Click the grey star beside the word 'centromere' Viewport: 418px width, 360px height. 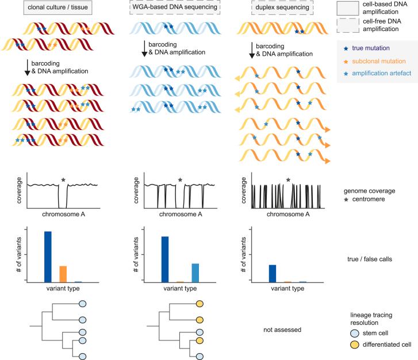pyautogui.click(x=346, y=198)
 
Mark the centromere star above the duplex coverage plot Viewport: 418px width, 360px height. pyautogui.click(x=288, y=180)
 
